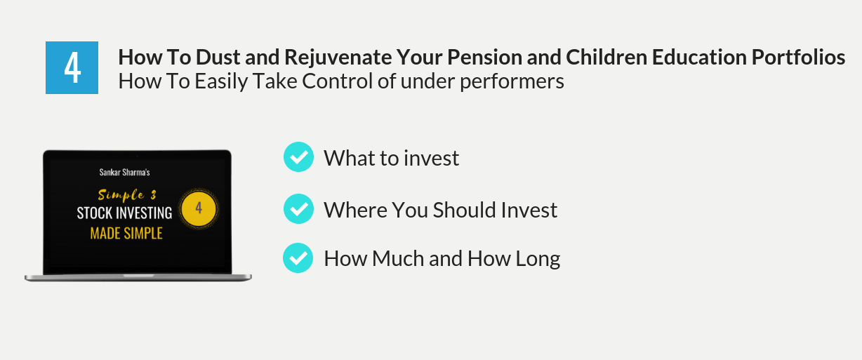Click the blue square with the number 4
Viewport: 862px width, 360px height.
tap(72, 67)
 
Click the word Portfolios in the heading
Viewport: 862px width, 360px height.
tap(798, 57)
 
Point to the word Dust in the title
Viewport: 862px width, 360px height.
tap(218, 57)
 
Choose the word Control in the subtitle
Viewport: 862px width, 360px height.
tap(337, 81)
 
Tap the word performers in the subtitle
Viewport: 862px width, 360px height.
tap(512, 82)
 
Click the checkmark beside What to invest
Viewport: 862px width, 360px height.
tap(298, 157)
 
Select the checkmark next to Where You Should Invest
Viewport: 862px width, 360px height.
tap(298, 209)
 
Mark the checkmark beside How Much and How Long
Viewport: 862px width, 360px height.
tap(298, 258)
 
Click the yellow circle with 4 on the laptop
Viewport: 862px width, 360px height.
tap(199, 209)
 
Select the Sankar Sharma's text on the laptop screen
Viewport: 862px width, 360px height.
tap(125, 173)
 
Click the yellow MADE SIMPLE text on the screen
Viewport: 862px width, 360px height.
tap(126, 234)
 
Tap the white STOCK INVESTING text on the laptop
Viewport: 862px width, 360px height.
tap(124, 213)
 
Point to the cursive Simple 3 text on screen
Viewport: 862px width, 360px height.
tap(127, 195)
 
